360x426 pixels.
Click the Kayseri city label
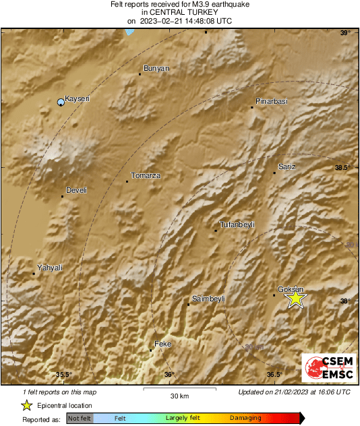click(76, 98)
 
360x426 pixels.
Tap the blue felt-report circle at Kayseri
click(61, 102)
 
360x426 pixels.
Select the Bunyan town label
click(156, 68)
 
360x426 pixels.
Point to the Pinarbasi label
click(271, 101)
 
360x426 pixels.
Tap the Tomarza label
click(145, 175)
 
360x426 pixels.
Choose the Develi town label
click(76, 191)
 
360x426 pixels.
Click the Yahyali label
click(50, 268)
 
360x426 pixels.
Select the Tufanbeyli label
click(237, 224)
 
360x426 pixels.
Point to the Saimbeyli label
click(208, 298)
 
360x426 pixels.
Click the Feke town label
click(164, 344)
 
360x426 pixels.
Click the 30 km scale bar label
click(179, 395)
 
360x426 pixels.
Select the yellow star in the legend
click(26, 405)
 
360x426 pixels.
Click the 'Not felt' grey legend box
click(80, 419)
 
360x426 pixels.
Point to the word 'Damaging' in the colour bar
click(246, 419)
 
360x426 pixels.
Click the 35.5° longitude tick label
click(63, 375)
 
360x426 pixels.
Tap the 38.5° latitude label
click(344, 167)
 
